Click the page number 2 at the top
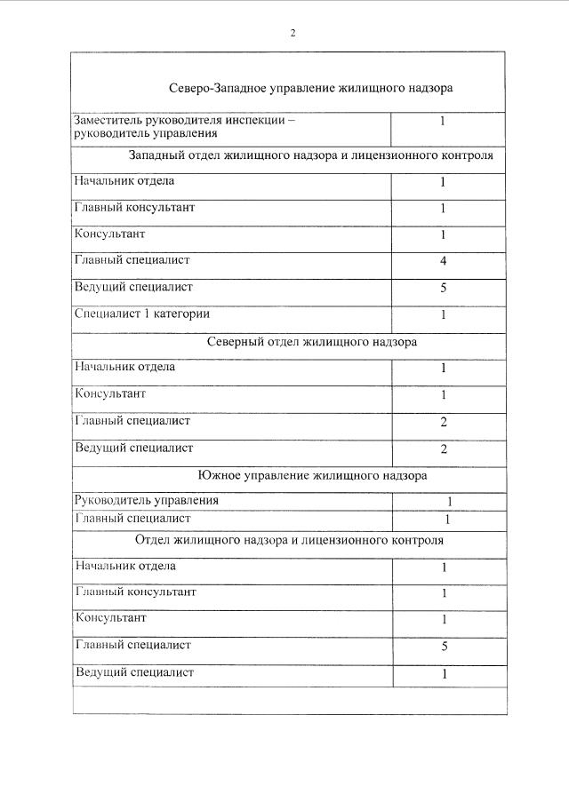(x=293, y=34)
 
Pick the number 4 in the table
(x=443, y=262)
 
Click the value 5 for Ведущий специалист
(x=443, y=289)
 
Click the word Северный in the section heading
(x=233, y=341)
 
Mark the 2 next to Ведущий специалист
(x=444, y=449)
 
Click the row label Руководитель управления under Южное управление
(x=147, y=500)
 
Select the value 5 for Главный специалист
(x=444, y=647)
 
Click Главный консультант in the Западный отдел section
(x=134, y=208)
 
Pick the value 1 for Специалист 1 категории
(x=443, y=315)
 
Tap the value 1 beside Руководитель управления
(x=449, y=502)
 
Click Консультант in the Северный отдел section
(x=110, y=393)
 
